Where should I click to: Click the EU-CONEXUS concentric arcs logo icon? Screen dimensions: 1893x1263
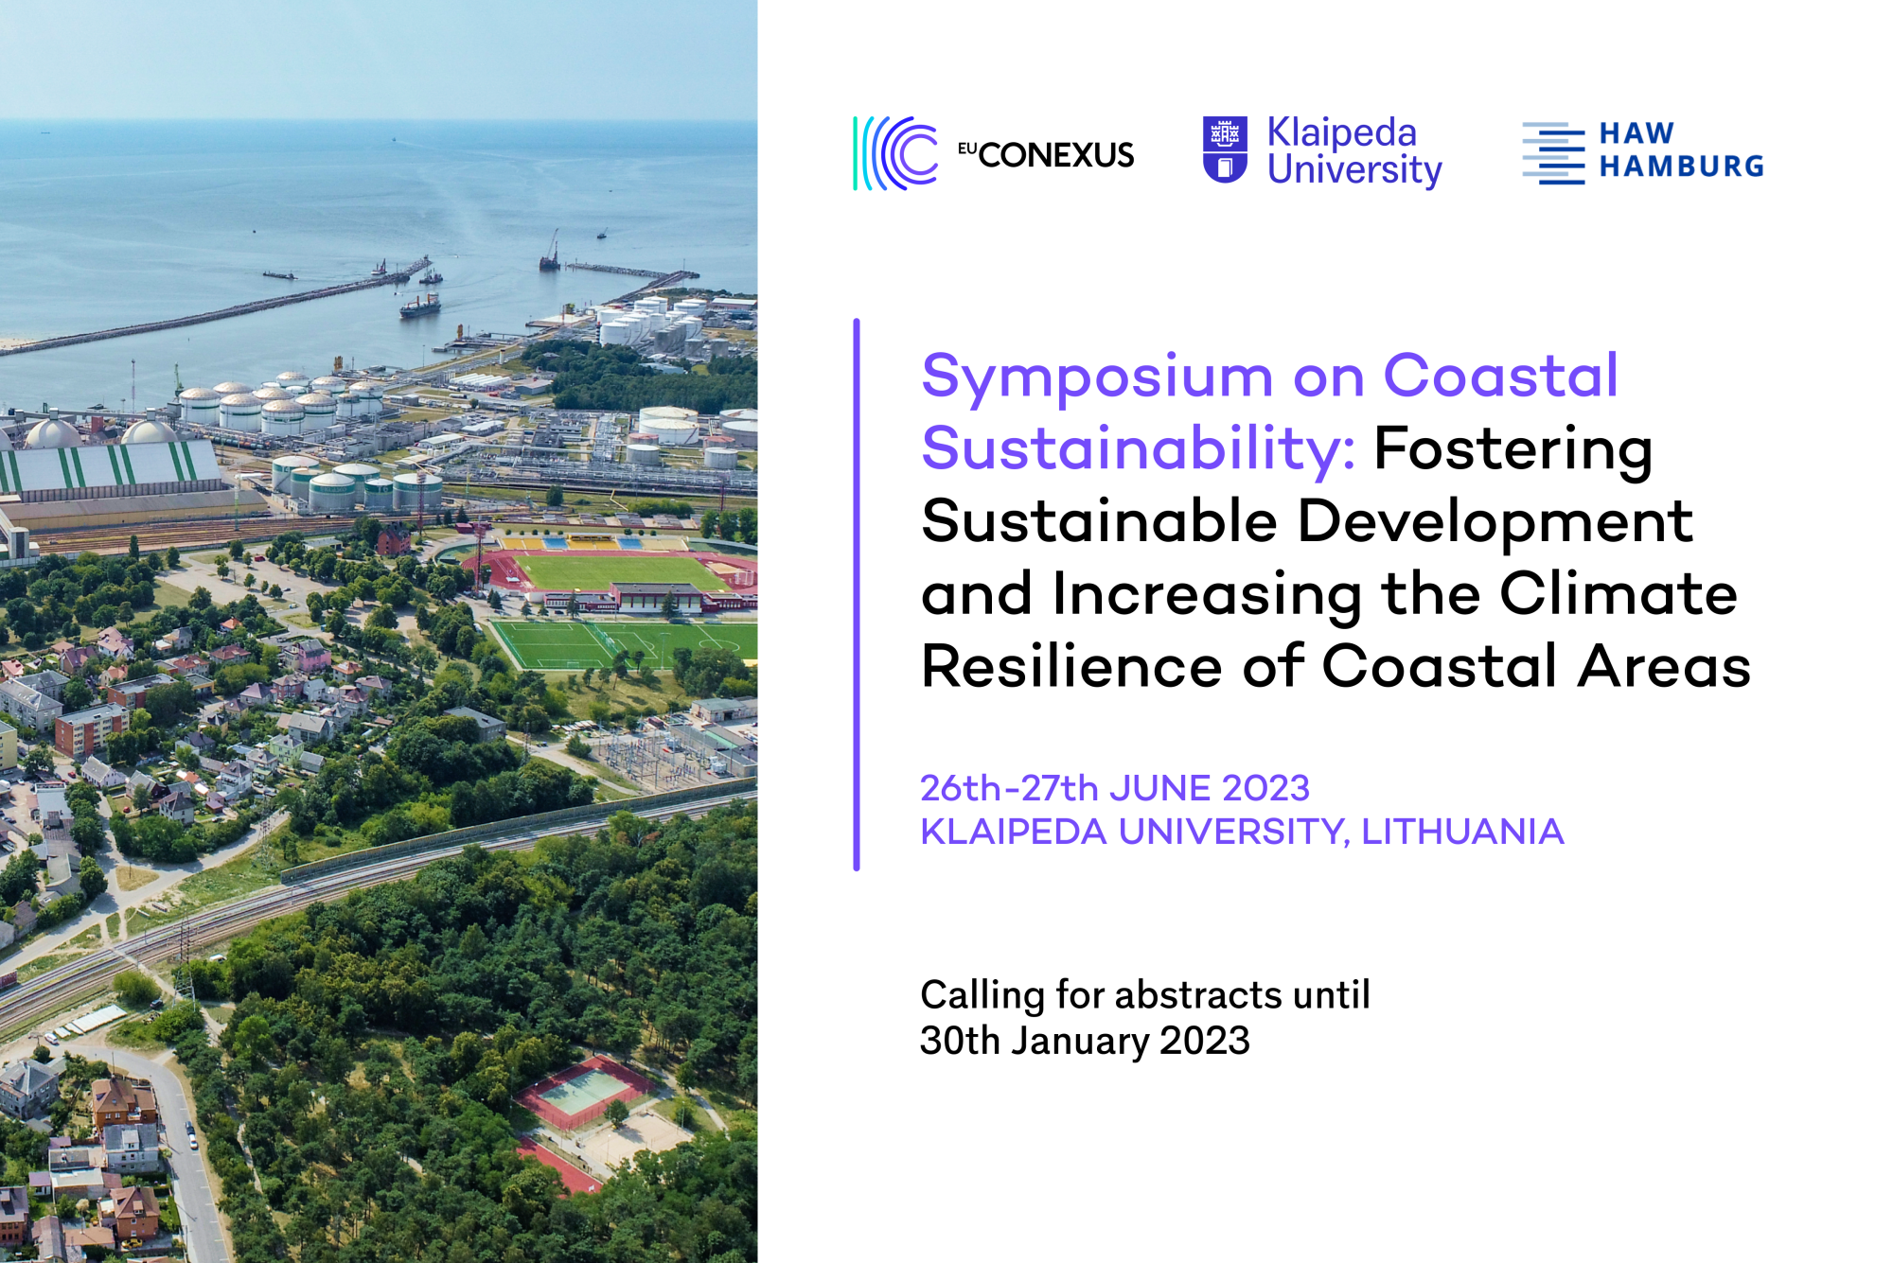(x=895, y=153)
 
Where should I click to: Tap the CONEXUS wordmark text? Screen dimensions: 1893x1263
(x=1055, y=155)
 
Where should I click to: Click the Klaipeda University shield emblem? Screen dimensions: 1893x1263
(x=1225, y=149)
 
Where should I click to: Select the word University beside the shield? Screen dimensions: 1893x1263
(x=1354, y=171)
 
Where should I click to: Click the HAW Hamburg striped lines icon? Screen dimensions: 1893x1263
(x=1553, y=152)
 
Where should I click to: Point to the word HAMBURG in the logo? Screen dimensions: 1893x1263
(x=1682, y=167)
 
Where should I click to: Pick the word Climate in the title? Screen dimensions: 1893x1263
(x=1619, y=594)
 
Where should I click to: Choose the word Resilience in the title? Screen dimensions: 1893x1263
(x=1071, y=666)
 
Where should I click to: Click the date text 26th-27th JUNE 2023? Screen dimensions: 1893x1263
(x=1115, y=788)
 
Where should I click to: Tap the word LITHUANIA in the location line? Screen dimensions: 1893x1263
(x=1462, y=832)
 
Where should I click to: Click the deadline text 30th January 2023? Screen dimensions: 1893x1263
(x=1085, y=1041)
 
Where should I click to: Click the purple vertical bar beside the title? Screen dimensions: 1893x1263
(x=857, y=594)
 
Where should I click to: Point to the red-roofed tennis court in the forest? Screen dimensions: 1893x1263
(x=583, y=1092)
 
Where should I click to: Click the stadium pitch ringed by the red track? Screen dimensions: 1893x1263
(x=619, y=572)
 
